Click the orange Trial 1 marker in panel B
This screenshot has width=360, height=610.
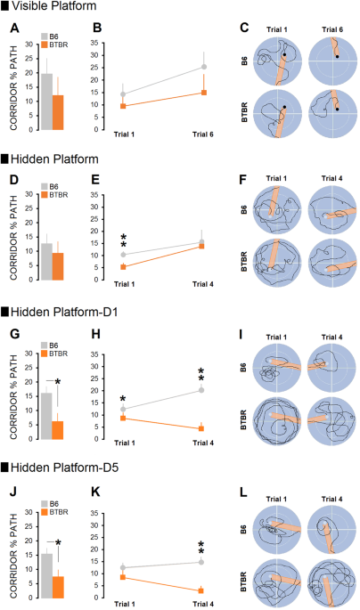click(x=123, y=106)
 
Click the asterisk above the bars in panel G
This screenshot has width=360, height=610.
click(x=57, y=382)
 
